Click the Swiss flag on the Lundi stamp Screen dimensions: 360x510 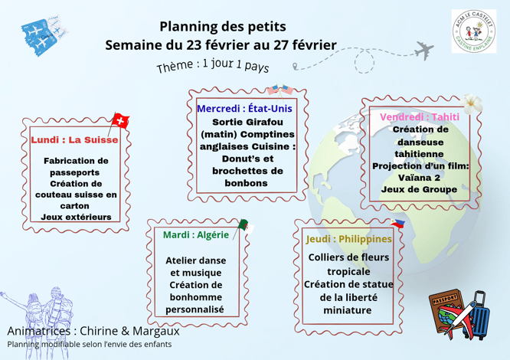120,120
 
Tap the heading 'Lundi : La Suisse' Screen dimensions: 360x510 74,140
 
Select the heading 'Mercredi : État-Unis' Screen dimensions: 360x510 244,109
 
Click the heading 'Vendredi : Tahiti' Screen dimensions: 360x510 420,117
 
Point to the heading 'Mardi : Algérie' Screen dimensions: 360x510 196,234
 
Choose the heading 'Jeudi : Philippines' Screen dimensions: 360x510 348,239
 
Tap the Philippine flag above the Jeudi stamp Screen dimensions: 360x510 397,224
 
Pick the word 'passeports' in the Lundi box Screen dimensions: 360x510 76,173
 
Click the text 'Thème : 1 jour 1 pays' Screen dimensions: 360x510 213,64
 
